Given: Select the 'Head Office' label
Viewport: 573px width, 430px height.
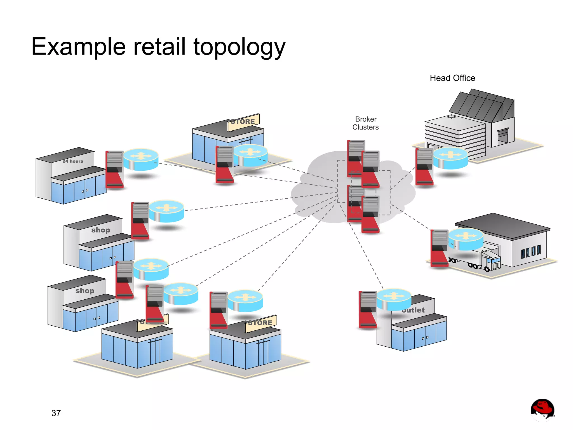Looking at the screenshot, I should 452,78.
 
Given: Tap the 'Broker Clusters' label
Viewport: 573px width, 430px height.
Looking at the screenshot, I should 365,123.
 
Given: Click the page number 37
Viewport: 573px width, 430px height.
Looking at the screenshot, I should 56,413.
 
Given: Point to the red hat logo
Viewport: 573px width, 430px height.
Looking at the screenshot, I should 542,410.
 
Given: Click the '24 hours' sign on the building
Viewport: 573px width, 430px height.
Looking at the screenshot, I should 73,161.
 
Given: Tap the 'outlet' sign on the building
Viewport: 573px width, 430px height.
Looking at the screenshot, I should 413,310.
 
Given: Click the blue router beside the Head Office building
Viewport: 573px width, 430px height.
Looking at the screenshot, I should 450,158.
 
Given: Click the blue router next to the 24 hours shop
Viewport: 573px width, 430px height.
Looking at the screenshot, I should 141,159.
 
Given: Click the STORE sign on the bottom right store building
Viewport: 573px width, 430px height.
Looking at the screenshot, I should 260,323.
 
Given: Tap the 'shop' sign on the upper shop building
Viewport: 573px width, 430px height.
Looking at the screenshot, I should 100,230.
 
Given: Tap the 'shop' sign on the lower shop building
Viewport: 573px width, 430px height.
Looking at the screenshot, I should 84,291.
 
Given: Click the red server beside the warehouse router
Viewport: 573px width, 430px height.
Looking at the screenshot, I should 439,248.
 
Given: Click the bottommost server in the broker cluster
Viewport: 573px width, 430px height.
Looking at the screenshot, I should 370,214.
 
